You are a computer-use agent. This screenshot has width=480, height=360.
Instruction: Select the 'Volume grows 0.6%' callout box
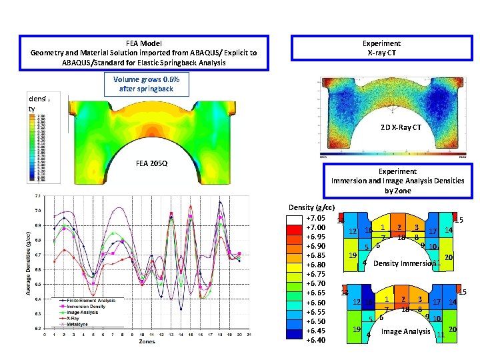146,84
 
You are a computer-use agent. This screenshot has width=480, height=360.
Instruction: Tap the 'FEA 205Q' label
151,162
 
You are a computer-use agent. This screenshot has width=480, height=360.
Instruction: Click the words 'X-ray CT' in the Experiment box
381,53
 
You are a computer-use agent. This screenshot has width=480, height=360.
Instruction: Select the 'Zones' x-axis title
147,341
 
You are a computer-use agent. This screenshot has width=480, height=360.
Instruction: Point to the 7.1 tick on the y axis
37,196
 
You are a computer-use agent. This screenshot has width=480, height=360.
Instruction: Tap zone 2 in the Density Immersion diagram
399,227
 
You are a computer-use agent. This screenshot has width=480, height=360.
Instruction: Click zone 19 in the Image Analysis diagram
356,329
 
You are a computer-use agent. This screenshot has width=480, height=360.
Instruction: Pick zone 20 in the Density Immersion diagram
449,257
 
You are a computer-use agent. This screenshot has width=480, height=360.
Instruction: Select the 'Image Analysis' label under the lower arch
405,331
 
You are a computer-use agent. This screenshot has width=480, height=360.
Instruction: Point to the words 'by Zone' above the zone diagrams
397,191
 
